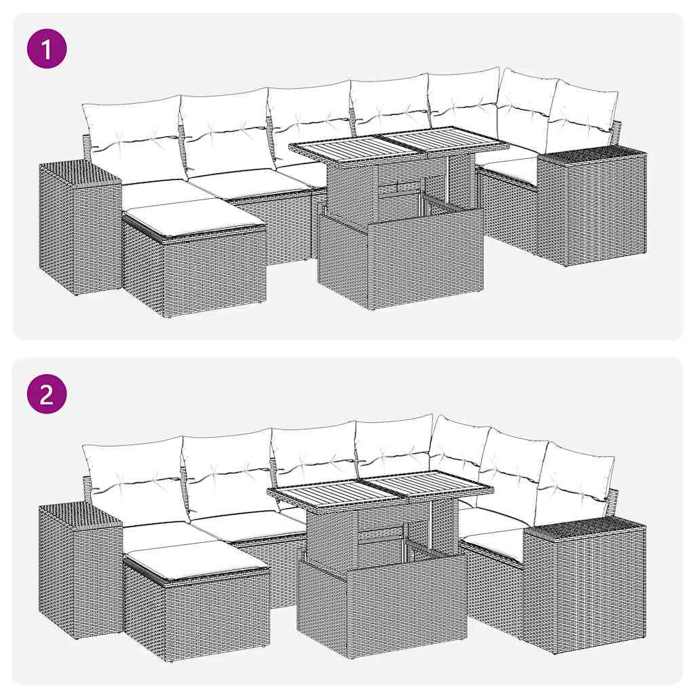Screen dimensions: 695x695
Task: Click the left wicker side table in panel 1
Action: (78, 227)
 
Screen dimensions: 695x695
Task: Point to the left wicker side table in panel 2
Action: (78, 570)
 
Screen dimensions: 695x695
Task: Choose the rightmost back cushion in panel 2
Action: (574, 478)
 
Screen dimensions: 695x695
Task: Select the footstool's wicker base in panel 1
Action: (197, 271)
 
